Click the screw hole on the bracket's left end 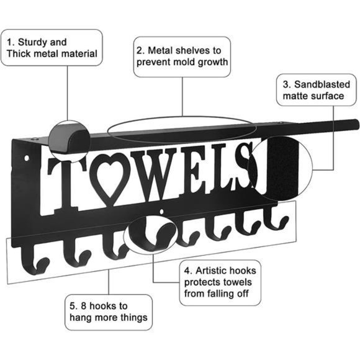pyautogui.click(x=27, y=158)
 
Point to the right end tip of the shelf pyautogui.click(x=356, y=124)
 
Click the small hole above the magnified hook pyautogui.click(x=162, y=212)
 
